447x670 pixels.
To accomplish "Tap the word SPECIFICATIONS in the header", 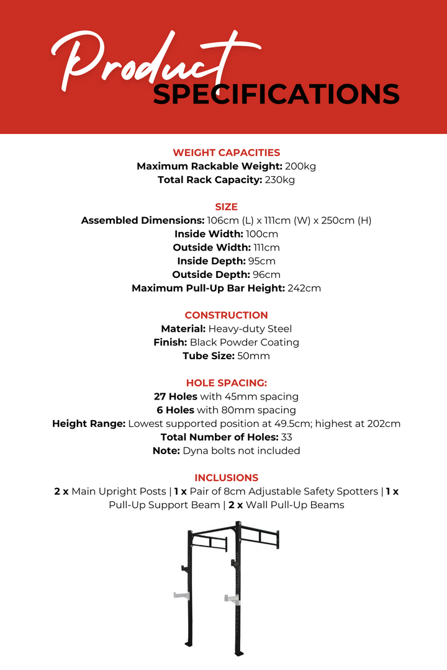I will (x=276, y=94).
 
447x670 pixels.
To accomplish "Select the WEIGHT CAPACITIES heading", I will (x=226, y=153).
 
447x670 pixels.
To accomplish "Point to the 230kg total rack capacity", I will (x=280, y=180).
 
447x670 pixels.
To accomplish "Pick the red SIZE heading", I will (x=226, y=207).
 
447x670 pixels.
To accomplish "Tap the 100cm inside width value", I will (x=262, y=234).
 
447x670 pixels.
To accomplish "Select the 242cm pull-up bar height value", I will (x=304, y=288).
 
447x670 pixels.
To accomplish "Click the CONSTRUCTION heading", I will (x=226, y=315).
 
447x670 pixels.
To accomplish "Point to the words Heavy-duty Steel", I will (x=250, y=329).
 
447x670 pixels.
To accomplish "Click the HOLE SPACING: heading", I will (x=226, y=383).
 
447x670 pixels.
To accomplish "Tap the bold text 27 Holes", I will (x=176, y=396).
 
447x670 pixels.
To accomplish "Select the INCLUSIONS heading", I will (x=226, y=478).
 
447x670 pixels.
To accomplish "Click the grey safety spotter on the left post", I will (x=181, y=596).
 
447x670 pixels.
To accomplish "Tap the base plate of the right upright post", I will (x=239, y=652).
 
